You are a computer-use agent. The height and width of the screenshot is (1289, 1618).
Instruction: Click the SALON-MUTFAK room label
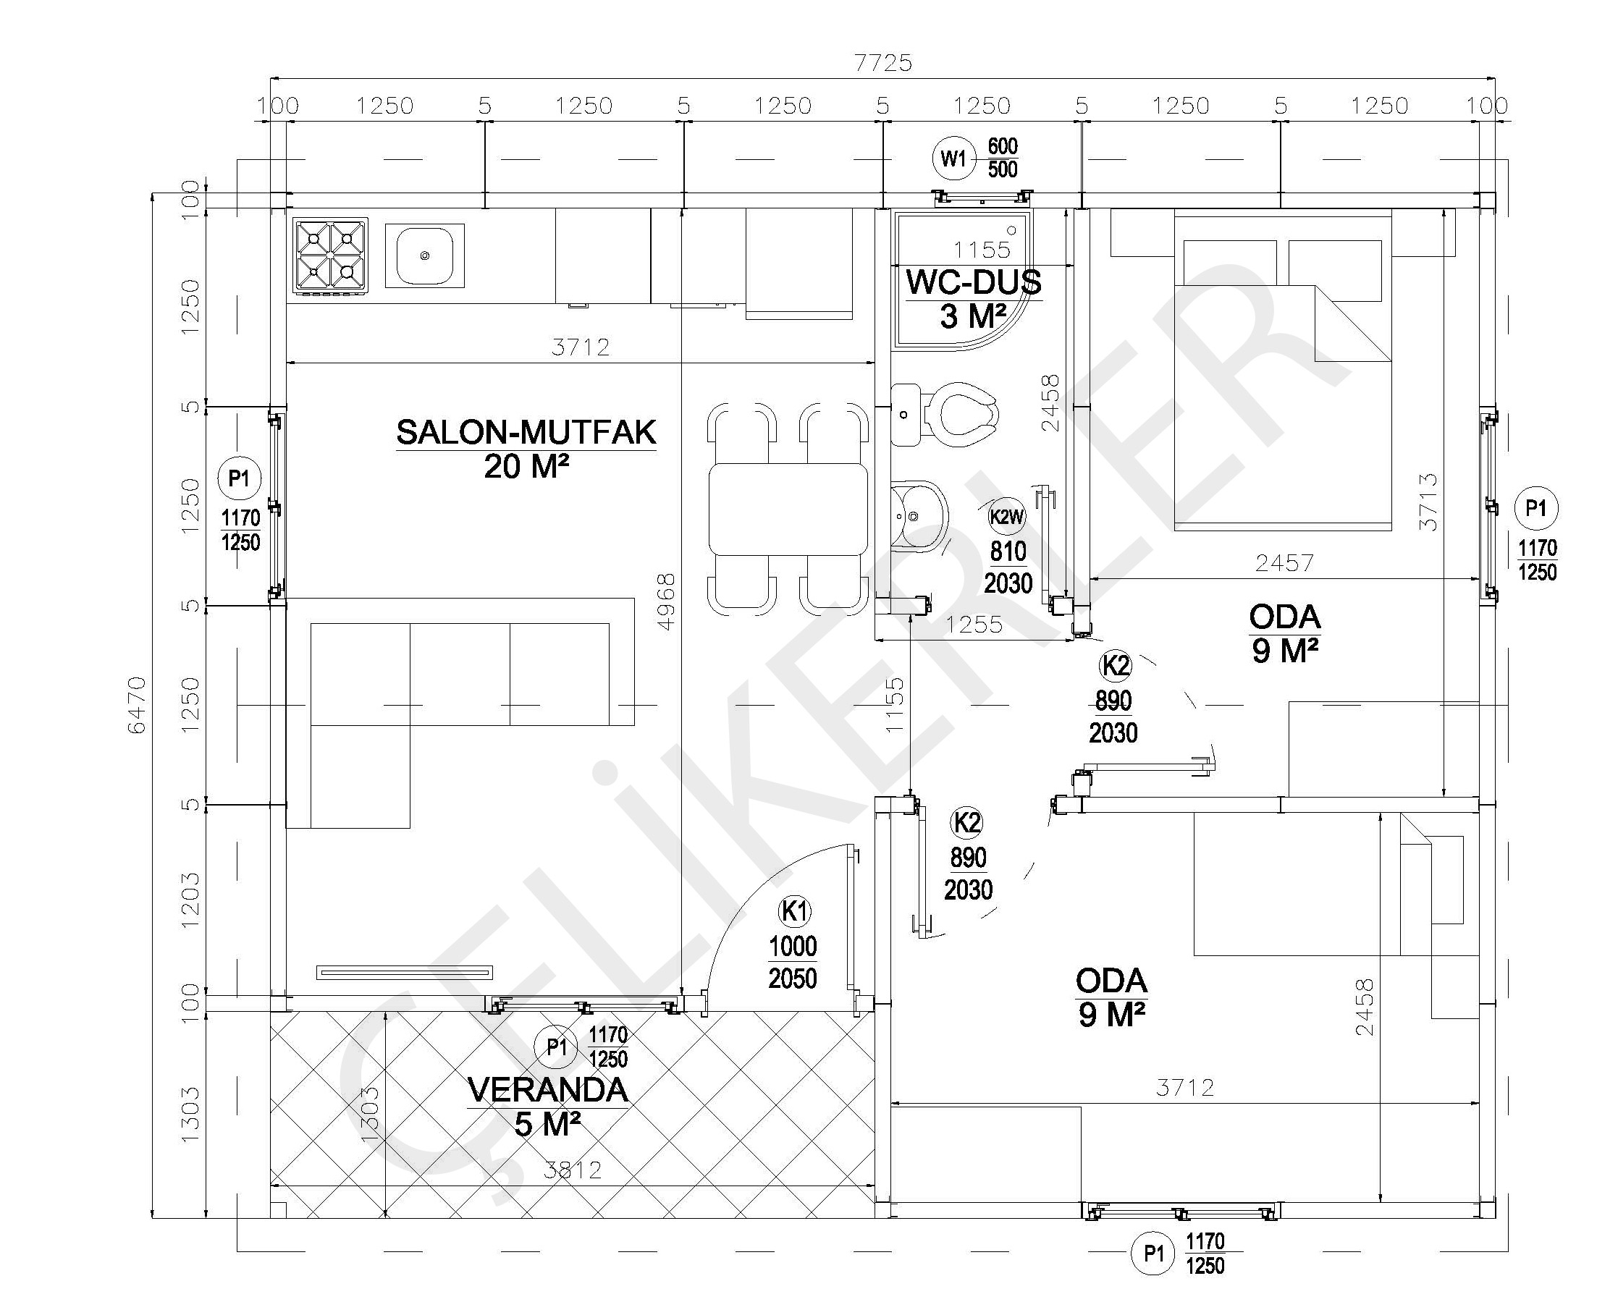(526, 432)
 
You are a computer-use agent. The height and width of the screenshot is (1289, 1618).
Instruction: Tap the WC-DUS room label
(974, 283)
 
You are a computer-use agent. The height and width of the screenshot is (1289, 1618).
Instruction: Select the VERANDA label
(547, 1090)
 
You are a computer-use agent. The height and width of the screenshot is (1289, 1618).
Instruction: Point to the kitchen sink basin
(425, 256)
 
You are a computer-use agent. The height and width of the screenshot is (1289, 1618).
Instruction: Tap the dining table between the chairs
(788, 509)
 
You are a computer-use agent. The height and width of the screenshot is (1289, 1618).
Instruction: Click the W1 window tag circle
(954, 159)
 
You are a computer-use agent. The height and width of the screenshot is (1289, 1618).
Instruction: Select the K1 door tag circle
(795, 912)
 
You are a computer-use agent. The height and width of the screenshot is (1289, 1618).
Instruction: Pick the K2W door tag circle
(1006, 516)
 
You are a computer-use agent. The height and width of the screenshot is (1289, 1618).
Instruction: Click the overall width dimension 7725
(883, 63)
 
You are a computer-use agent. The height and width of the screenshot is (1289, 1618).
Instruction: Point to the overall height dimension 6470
(138, 704)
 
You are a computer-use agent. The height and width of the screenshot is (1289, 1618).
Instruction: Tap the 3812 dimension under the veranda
(573, 1170)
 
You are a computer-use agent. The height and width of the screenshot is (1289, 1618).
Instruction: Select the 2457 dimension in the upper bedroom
(1284, 563)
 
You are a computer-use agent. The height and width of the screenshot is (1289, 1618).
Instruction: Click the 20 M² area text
(526, 467)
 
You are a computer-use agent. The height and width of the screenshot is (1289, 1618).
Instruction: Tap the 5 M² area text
(548, 1124)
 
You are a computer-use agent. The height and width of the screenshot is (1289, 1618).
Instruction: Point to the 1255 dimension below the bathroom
(974, 625)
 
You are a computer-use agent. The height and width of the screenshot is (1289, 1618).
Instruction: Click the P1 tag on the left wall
(240, 478)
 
